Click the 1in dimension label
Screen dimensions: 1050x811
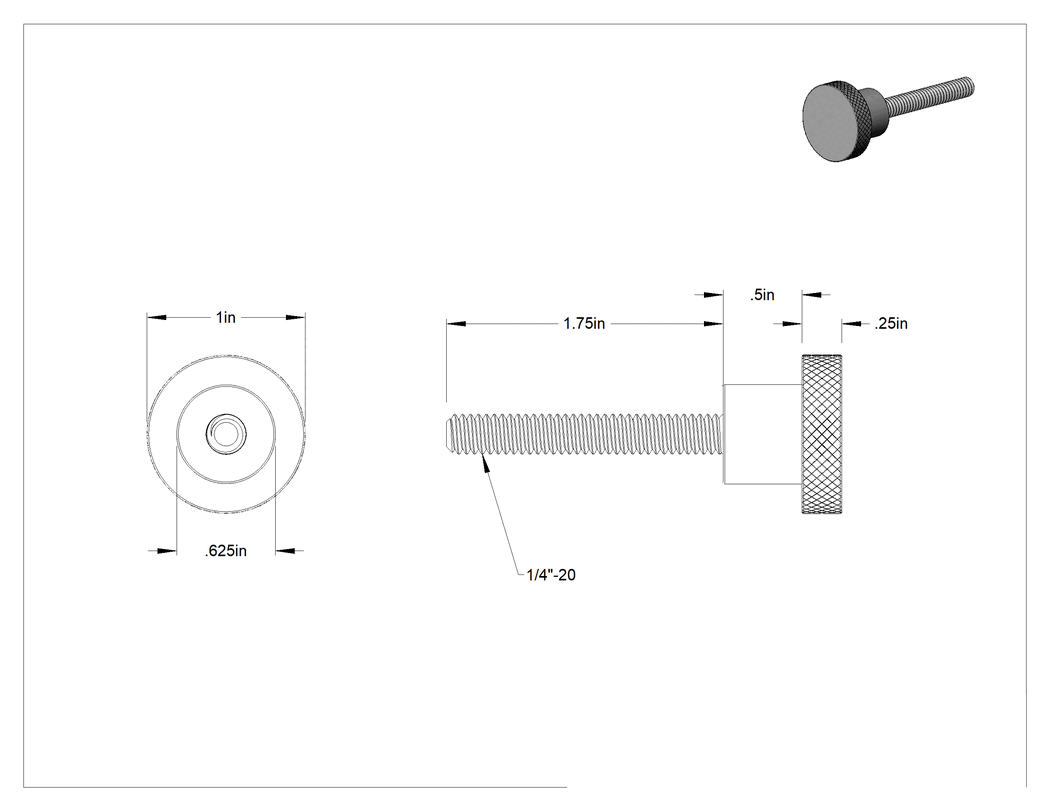click(226, 317)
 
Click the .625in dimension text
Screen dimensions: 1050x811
click(226, 551)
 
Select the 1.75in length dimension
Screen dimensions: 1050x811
click(584, 323)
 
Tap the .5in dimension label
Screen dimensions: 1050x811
click(762, 295)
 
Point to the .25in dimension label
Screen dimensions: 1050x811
click(891, 323)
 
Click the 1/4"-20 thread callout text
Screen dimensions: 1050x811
click(551, 575)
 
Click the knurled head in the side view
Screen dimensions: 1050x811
click(822, 433)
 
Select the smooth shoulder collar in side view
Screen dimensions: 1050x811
click(763, 433)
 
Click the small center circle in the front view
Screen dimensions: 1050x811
click(226, 433)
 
